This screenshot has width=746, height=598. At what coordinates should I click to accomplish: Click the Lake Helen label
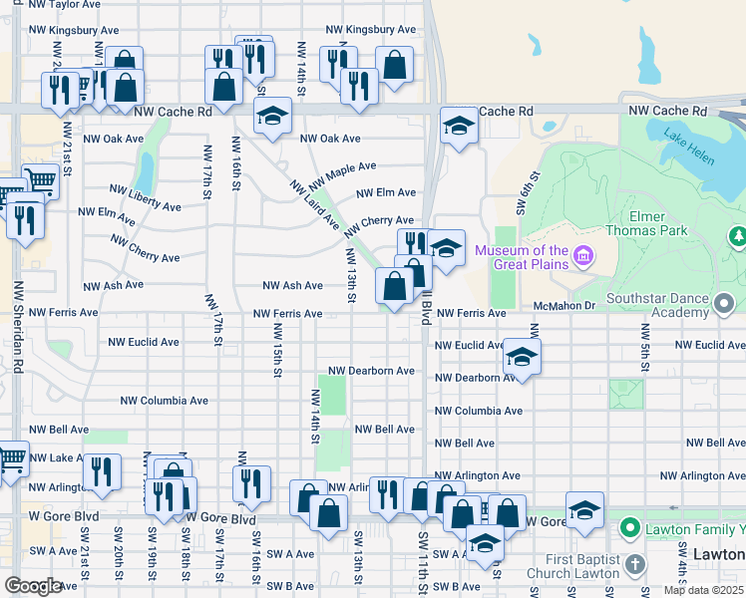pos(688,138)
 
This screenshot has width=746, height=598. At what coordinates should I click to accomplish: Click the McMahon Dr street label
pos(562,306)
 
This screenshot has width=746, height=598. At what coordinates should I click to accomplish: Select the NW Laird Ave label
pos(315,204)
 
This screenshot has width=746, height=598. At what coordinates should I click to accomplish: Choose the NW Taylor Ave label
pos(65,5)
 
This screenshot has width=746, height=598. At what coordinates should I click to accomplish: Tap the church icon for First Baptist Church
pos(636,566)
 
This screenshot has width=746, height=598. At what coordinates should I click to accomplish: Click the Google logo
pos(33,586)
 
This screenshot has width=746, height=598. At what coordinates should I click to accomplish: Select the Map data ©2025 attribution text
pos(703,590)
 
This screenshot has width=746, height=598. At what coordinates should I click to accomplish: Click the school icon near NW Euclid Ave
pos(521,356)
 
